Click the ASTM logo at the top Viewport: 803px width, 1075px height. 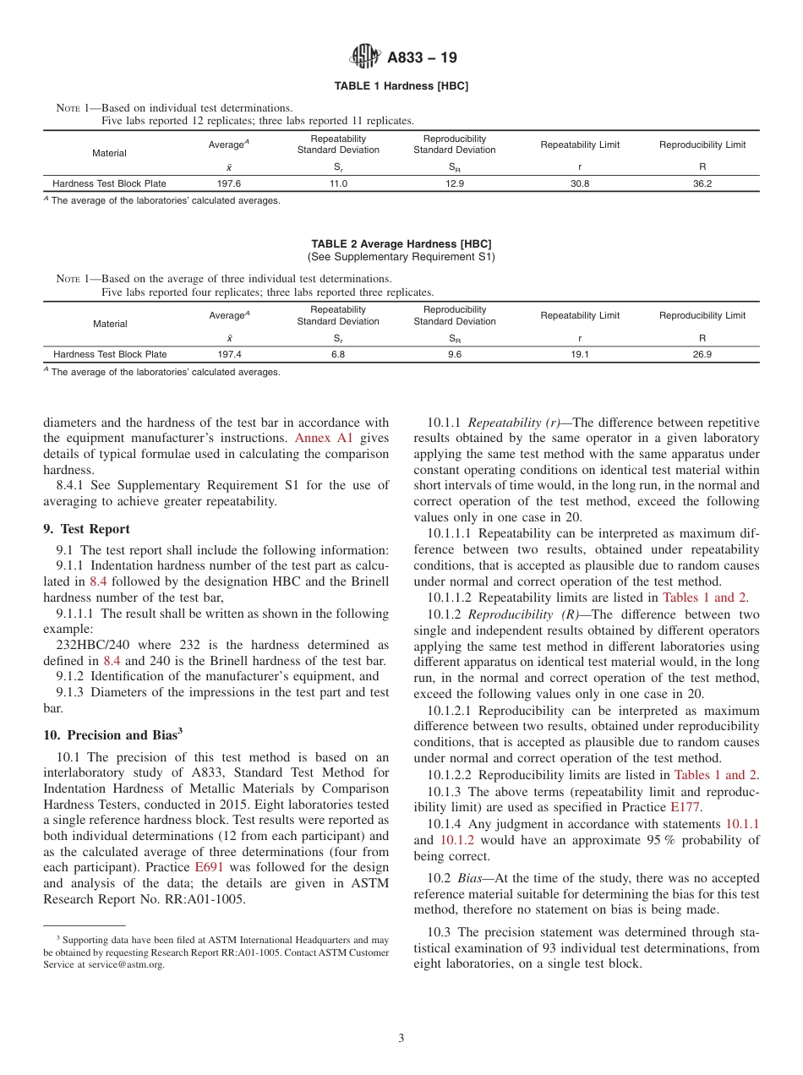point(365,57)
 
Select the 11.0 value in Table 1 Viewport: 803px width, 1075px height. point(338,183)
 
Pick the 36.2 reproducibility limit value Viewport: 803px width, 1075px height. point(702,183)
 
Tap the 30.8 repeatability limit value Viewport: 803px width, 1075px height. point(580,183)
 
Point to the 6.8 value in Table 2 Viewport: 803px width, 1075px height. point(338,354)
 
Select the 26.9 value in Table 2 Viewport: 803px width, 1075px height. point(702,354)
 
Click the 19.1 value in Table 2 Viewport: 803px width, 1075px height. point(580,354)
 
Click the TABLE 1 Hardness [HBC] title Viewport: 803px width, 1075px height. point(401,86)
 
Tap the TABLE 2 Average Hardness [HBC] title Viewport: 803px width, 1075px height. point(401,244)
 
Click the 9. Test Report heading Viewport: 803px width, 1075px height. point(86,529)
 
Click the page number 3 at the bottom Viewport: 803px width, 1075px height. point(401,1039)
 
